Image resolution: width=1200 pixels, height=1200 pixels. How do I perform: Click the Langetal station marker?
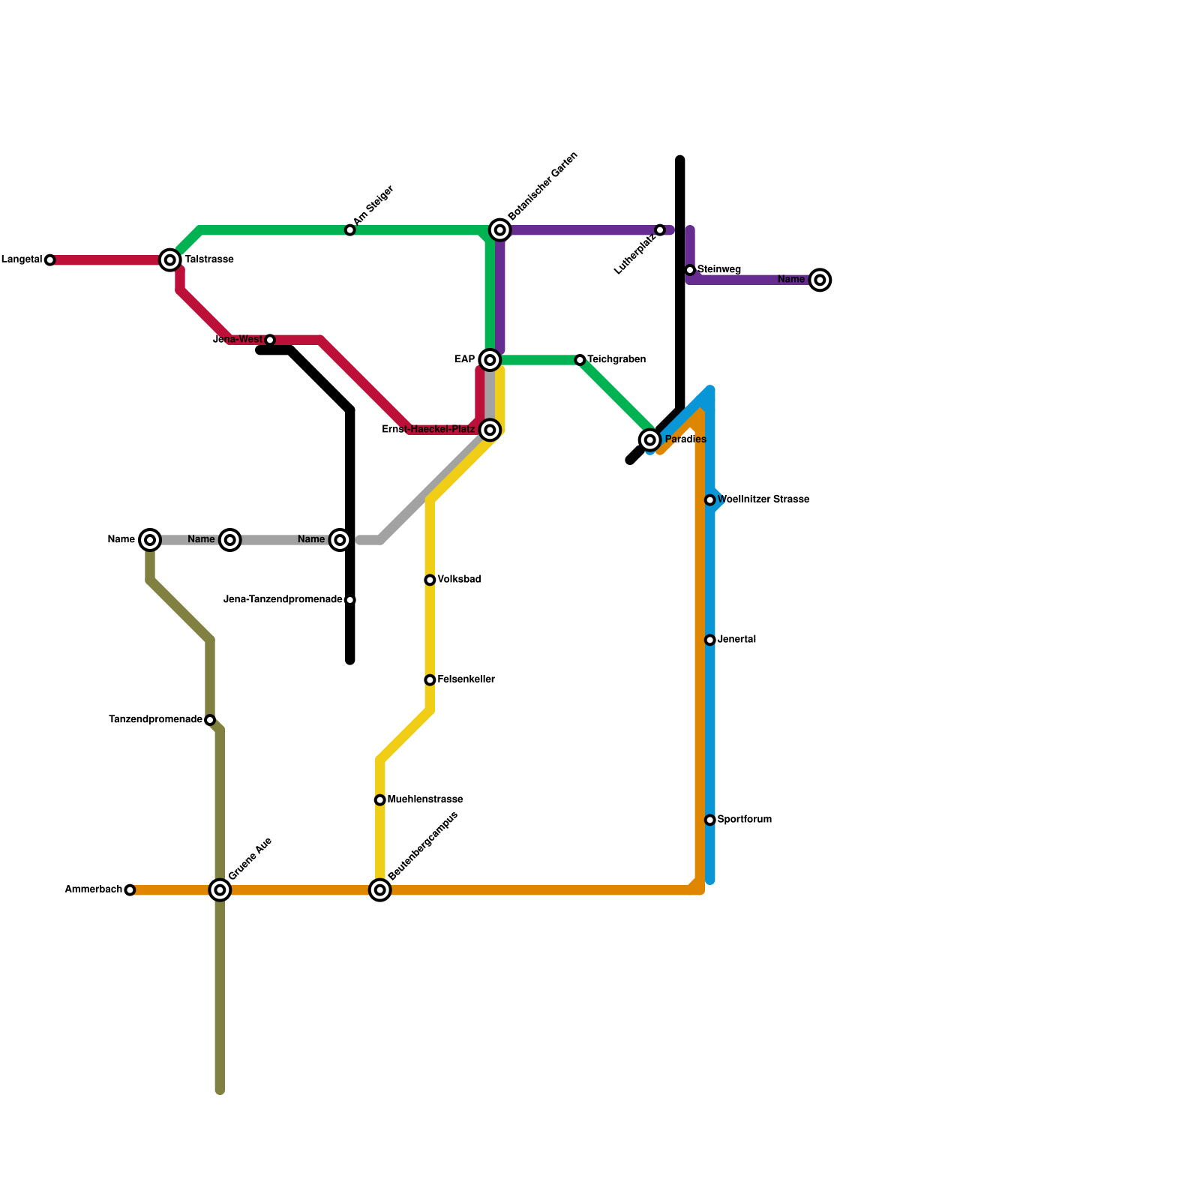point(49,260)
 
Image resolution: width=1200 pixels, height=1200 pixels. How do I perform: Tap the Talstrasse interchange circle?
point(170,260)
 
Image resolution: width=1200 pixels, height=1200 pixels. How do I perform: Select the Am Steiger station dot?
point(350,230)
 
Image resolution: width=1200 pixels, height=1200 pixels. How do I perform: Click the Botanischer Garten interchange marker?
point(500,230)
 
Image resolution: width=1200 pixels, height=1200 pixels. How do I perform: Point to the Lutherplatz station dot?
point(660,230)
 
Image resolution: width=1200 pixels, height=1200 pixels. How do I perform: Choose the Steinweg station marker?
point(690,270)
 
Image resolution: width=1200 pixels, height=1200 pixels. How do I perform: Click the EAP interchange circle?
point(490,361)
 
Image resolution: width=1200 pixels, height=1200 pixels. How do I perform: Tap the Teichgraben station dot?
point(580,361)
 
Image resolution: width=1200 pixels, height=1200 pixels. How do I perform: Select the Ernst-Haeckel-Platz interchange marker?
point(490,430)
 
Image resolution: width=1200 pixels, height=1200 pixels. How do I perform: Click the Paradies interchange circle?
point(650,439)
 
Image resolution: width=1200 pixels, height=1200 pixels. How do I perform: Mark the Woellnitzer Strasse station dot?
point(710,500)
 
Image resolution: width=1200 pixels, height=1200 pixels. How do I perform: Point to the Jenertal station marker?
point(710,640)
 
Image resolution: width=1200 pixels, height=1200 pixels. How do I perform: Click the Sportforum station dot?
point(710,820)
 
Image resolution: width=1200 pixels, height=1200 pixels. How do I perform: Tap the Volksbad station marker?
point(430,580)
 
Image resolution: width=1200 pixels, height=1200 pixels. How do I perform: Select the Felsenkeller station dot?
point(430,680)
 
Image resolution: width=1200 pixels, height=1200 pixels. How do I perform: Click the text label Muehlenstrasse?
point(425,800)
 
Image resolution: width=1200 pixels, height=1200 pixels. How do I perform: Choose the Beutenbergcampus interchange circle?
point(380,890)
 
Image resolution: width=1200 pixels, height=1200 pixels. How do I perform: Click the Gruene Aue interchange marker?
point(220,890)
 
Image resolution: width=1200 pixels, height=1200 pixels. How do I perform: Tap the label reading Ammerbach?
point(93,890)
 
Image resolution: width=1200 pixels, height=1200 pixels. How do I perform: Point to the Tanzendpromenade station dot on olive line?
point(210,720)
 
